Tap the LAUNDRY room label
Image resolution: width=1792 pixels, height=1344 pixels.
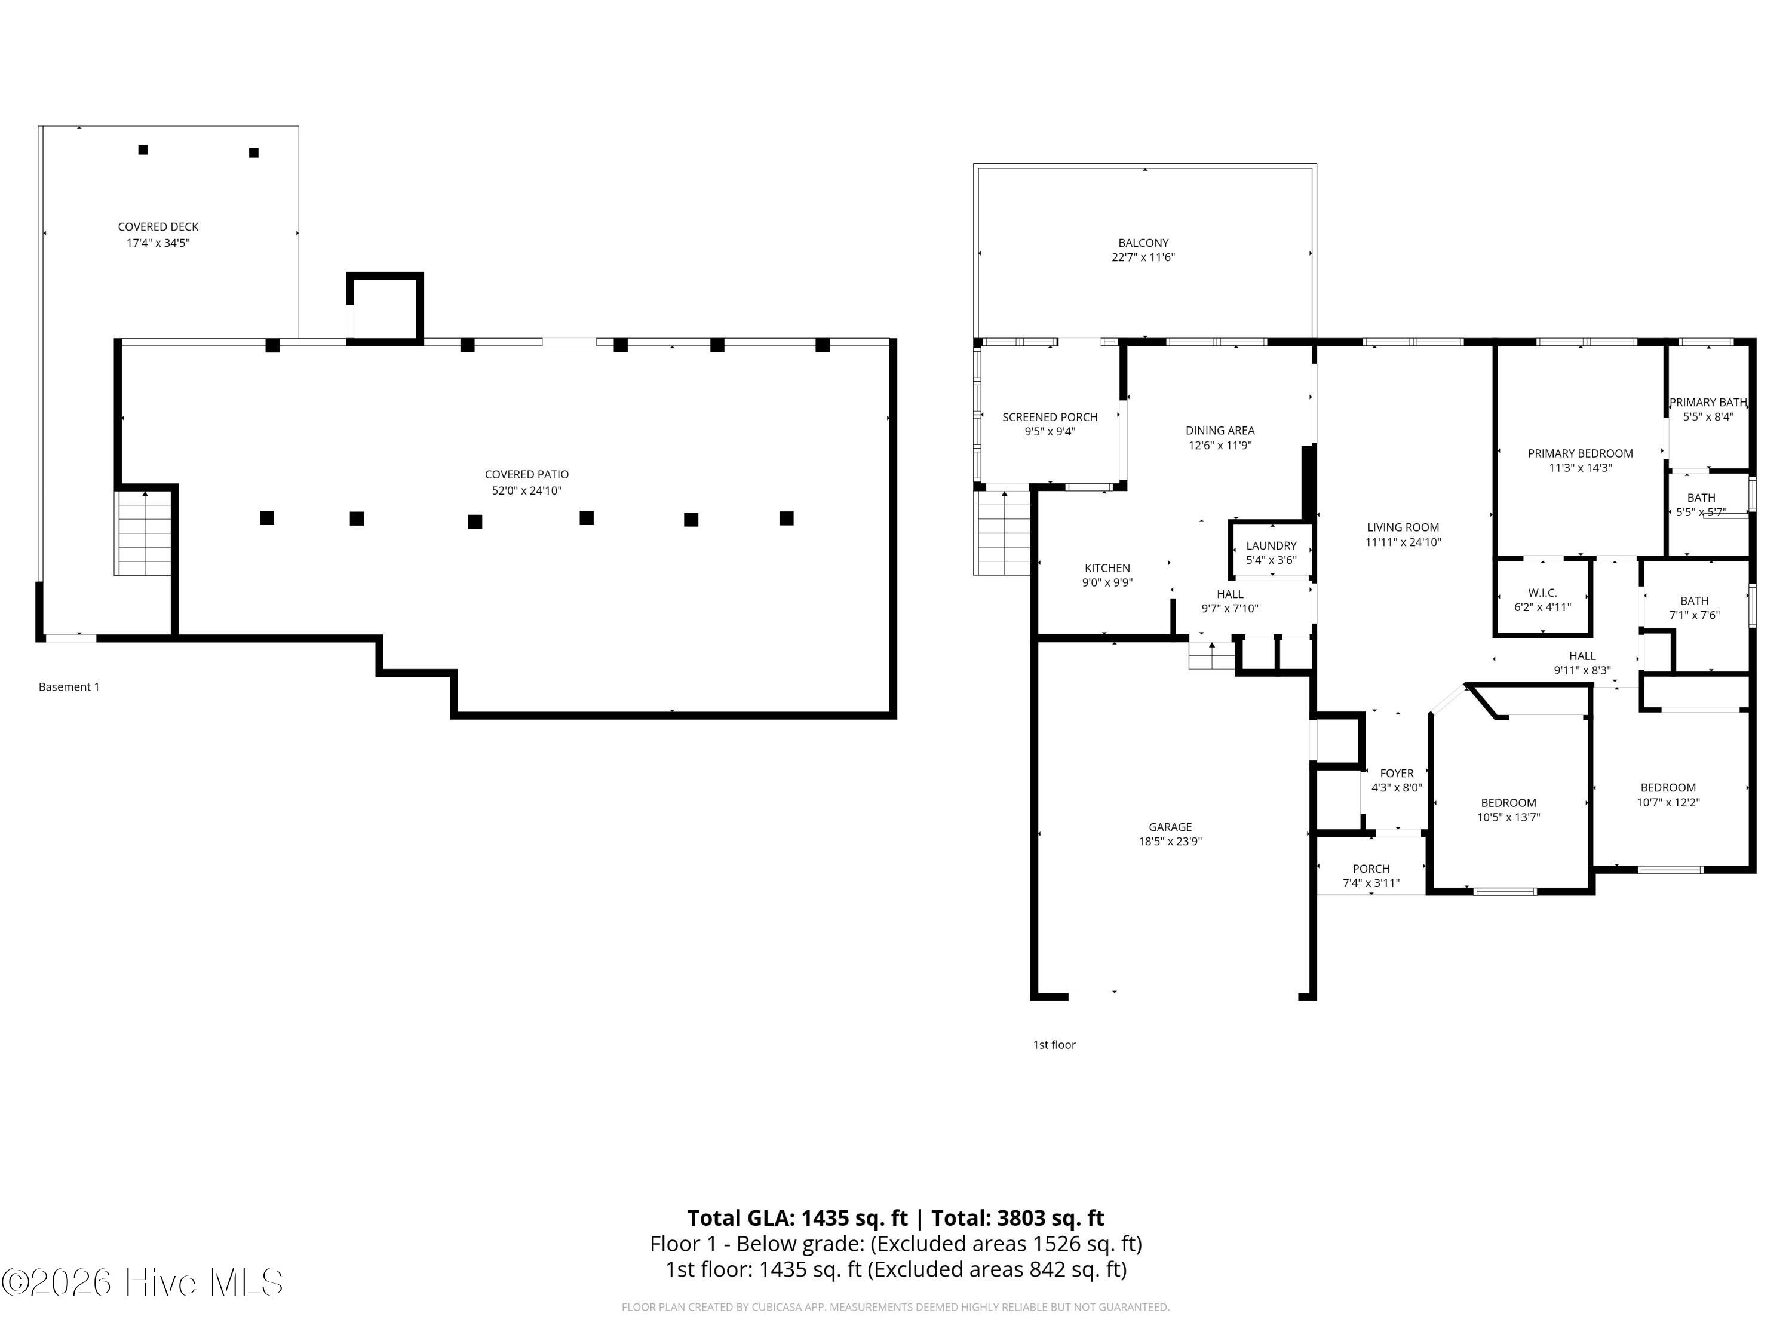coord(1271,546)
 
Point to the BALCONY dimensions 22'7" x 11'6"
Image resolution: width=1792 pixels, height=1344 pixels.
coord(1143,257)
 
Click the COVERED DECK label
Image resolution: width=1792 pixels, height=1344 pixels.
coord(158,227)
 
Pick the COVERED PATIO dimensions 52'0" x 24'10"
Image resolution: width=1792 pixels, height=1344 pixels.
coord(527,491)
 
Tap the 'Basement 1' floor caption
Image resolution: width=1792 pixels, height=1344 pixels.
coord(69,687)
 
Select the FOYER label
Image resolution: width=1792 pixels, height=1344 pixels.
coord(1397,774)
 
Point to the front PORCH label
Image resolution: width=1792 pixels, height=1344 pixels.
coord(1371,869)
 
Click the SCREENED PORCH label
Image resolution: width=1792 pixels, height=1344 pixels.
coord(1050,417)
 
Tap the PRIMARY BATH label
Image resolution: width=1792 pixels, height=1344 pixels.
coord(1708,403)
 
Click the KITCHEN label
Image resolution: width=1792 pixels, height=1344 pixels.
coord(1107,569)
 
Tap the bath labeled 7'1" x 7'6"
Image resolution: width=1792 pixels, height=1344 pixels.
coord(1694,607)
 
